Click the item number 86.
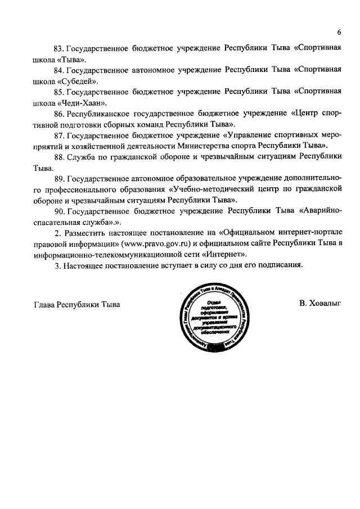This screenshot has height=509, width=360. tap(58, 114)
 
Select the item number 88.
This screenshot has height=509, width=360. tap(58, 157)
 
